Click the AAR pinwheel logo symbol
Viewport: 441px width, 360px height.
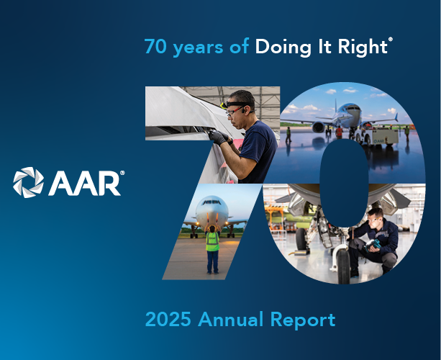pos(28,182)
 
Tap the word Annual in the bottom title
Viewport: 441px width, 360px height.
pos(231,319)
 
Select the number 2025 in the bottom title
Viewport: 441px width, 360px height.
pos(168,319)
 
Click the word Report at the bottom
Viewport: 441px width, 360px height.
pos(303,320)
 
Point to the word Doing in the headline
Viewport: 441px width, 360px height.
pos(283,47)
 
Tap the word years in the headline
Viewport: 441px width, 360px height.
pos(198,48)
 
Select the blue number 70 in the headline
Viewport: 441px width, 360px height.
pos(155,46)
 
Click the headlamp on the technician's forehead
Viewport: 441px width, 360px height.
pos(224,106)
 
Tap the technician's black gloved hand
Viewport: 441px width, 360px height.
pos(217,137)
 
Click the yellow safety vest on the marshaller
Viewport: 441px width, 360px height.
pos(212,241)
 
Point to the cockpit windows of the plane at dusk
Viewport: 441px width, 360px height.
pos(212,202)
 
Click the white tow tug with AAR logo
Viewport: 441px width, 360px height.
pos(377,137)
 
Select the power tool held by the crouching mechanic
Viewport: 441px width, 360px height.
pos(373,245)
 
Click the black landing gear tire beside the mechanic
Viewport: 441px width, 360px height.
pos(344,266)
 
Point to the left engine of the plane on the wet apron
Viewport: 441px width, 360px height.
pos(318,127)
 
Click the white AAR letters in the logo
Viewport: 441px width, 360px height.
pos(85,183)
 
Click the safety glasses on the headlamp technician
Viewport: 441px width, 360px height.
pos(235,111)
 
